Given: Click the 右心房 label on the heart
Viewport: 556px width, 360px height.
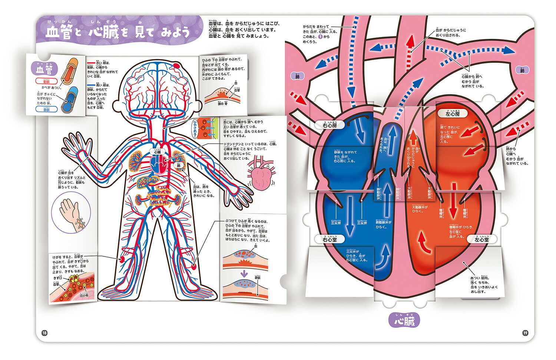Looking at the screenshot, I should (330, 126).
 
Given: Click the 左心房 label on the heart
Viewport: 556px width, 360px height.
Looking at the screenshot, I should (452, 113).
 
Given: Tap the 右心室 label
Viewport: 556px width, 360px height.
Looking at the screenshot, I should (330, 240).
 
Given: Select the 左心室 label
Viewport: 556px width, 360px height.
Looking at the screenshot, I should (481, 240).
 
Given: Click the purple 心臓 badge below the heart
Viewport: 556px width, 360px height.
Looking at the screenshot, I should (404, 320).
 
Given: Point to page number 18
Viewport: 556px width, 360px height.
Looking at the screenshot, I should (44, 333).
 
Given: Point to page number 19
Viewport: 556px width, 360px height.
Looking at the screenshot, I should (525, 333).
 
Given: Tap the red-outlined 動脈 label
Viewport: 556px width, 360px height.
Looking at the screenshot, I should (46, 81).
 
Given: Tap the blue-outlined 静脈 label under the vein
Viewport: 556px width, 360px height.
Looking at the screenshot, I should (46, 109).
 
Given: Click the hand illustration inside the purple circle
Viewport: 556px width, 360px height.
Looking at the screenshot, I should (72, 214).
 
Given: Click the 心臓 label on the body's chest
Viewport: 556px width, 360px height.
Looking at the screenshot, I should (157, 152).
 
